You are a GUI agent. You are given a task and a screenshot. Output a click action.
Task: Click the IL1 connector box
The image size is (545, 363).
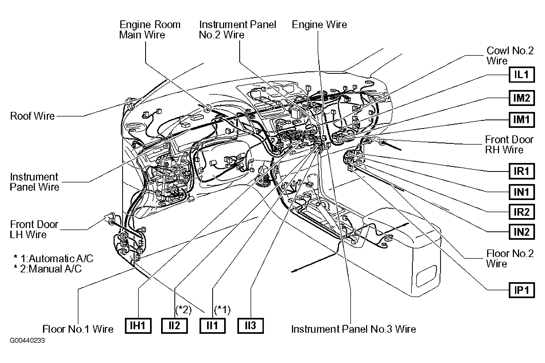point(521,75)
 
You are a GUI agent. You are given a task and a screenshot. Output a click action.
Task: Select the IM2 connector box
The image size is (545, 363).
point(521,98)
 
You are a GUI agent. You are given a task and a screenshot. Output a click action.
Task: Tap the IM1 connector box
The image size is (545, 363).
point(521,119)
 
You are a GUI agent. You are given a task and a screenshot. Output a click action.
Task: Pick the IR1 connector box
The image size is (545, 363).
point(521,171)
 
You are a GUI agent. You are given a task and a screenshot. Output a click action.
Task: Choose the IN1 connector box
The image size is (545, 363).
point(521,192)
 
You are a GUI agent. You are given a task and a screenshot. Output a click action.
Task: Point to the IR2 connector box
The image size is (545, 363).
point(521,212)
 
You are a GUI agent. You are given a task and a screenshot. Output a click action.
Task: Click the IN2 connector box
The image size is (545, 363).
point(521,232)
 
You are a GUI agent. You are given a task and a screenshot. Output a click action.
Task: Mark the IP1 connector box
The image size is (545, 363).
point(521,290)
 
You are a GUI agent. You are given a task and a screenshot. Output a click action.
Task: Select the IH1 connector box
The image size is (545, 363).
point(138,326)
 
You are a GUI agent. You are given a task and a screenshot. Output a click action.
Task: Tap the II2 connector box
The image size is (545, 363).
point(174,326)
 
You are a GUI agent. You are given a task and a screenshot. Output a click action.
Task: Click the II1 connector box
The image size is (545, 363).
point(212,326)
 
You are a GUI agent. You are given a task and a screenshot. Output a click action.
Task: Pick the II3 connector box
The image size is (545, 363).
point(250,326)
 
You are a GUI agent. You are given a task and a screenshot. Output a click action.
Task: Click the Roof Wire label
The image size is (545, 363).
point(32,116)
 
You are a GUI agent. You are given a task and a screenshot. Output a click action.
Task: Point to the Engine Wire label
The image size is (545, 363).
point(319,25)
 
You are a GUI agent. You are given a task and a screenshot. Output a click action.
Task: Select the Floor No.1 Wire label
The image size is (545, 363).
point(78,329)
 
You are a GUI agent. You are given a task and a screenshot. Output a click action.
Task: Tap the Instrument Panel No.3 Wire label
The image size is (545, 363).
point(354,329)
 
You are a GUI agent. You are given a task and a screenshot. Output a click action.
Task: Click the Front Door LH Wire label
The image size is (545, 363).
point(34,229)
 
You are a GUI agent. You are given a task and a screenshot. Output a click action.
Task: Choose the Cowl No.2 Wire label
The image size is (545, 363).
point(510,55)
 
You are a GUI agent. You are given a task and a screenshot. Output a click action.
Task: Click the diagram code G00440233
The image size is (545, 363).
point(28,341)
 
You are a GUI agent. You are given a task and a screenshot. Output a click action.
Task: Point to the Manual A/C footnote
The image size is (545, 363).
point(48,269)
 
